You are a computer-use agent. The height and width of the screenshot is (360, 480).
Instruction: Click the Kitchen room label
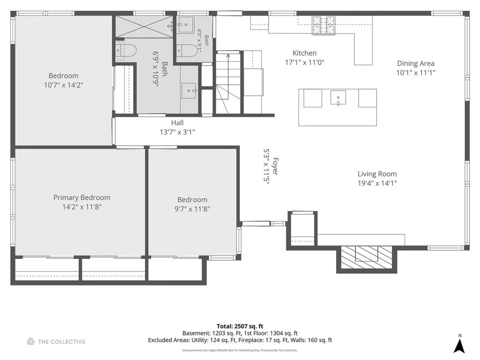pyautogui.click(x=304, y=53)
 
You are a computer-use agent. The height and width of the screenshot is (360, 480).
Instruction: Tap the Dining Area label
pyautogui.click(x=415, y=63)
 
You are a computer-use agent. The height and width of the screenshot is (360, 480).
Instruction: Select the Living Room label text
pyautogui.click(x=377, y=174)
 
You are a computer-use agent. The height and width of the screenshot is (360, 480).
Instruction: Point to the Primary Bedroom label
pyautogui.click(x=82, y=198)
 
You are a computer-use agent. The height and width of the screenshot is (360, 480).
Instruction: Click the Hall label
pyautogui.click(x=177, y=123)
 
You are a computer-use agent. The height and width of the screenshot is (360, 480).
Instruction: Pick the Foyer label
pyautogui.click(x=275, y=166)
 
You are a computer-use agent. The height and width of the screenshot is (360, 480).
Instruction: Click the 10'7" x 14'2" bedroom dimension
pyautogui.click(x=63, y=85)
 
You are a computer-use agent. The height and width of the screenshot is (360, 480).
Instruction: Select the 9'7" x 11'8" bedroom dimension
pyautogui.click(x=192, y=209)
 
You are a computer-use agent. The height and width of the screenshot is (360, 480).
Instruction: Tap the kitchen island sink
pyautogui.click(x=338, y=98)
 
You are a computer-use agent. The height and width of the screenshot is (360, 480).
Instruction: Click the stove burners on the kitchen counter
pyautogui.click(x=323, y=25)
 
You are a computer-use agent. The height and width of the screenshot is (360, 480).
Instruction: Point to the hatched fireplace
pyautogui.click(x=367, y=257)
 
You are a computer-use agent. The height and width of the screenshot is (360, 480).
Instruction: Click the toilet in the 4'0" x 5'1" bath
pyautogui.click(x=187, y=51)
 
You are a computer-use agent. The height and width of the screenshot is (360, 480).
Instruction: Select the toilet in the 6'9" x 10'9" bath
pyautogui.click(x=126, y=51)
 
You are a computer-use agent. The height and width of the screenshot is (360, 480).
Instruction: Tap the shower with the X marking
pyautogui.click(x=144, y=27)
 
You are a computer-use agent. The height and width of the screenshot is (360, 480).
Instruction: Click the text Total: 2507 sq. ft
pyautogui.click(x=240, y=326)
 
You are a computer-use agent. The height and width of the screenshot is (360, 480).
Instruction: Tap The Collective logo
pyautogui.click(x=56, y=342)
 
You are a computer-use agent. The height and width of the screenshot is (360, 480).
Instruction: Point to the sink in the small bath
pyautogui.click(x=186, y=24)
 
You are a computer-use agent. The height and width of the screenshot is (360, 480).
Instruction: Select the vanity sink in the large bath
pyautogui.click(x=188, y=90)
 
